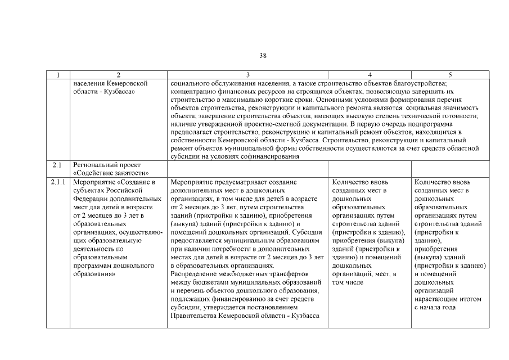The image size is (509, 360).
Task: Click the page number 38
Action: (x=263, y=55)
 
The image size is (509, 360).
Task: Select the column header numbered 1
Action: (x=58, y=74)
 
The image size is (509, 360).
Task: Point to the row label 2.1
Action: (x=56, y=165)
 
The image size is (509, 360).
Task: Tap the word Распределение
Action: (x=193, y=274)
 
